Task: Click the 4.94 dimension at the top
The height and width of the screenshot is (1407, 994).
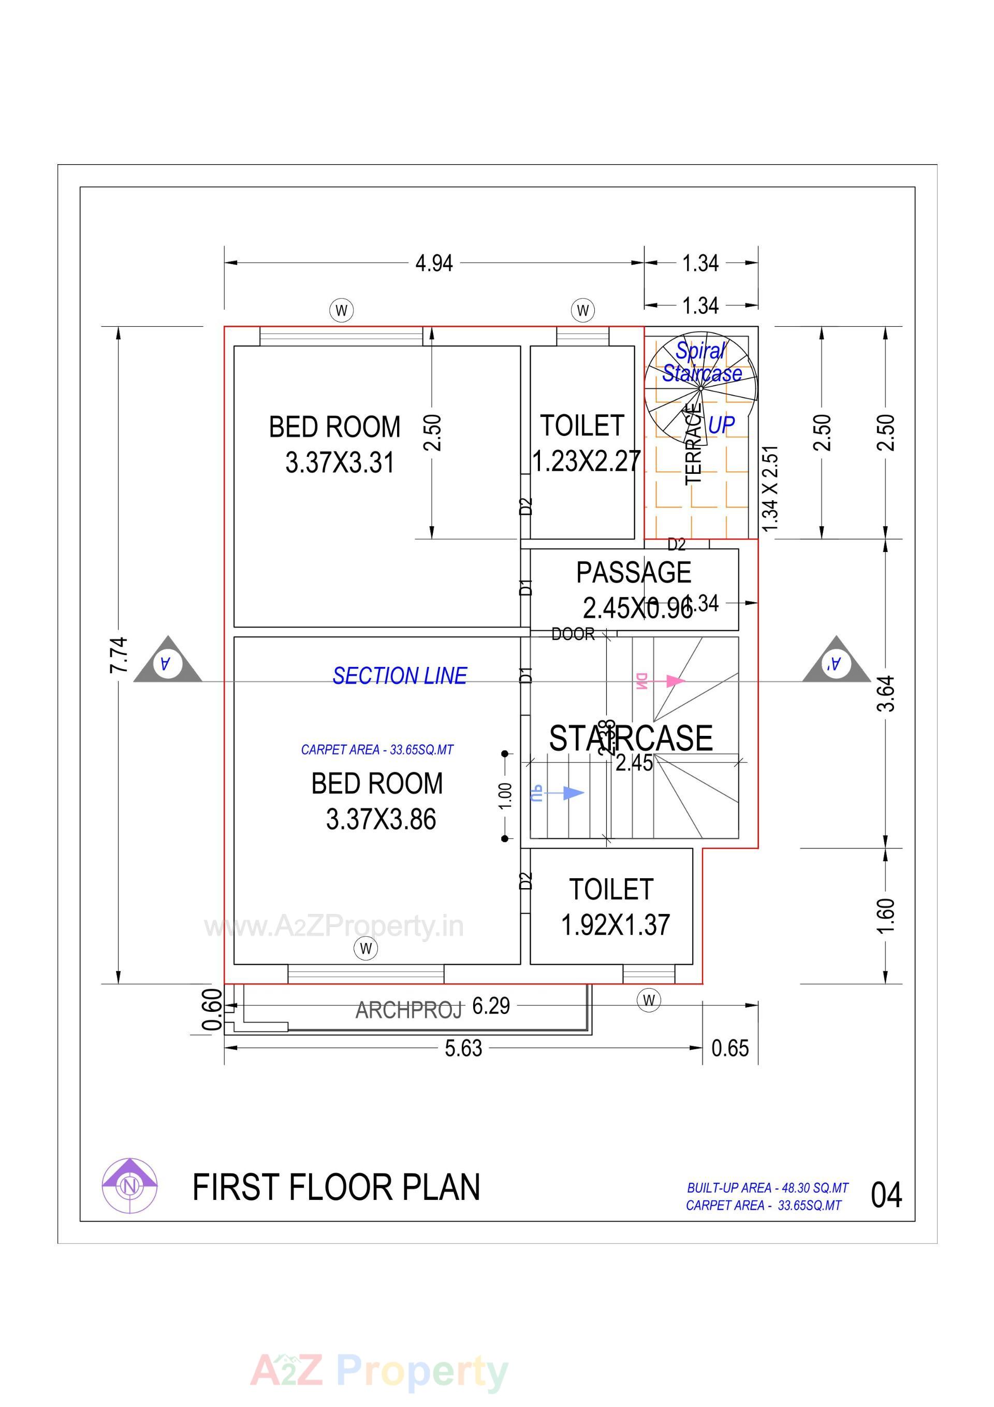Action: click(x=434, y=264)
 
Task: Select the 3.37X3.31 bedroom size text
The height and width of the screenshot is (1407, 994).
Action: click(x=340, y=462)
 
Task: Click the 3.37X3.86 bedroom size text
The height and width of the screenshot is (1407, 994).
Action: click(x=381, y=819)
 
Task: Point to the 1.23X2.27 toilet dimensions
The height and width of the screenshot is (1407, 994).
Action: click(x=586, y=461)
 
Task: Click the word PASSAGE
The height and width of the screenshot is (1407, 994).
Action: click(x=634, y=573)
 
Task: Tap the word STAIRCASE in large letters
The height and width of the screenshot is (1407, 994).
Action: click(x=631, y=738)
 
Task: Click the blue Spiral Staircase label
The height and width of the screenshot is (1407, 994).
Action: click(x=701, y=362)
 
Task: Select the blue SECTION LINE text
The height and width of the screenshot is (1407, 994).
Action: click(x=400, y=676)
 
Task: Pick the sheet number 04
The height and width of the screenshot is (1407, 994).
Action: click(x=886, y=1195)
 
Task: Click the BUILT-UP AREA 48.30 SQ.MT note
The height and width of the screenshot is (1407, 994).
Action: click(x=767, y=1187)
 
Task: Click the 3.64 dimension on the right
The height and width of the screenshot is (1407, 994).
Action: click(x=887, y=693)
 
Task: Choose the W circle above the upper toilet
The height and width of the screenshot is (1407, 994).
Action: click(x=583, y=310)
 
